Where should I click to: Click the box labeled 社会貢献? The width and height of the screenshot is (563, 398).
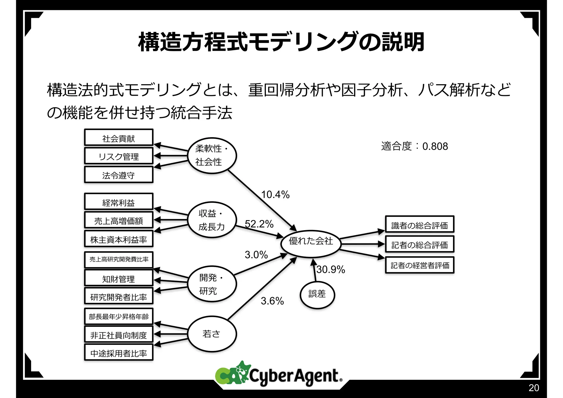[x=118, y=138]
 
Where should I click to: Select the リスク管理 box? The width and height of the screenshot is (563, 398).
[x=118, y=156]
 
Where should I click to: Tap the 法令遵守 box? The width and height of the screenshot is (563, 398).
[x=118, y=175]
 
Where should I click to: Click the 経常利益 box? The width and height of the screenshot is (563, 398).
[x=118, y=202]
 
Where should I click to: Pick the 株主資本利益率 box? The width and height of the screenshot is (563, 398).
[x=118, y=239]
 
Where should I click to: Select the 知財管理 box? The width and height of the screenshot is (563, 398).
[x=118, y=278]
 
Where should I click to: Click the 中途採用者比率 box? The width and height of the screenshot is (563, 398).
[x=118, y=352]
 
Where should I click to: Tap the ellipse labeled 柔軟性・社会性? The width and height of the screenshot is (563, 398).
[x=212, y=155]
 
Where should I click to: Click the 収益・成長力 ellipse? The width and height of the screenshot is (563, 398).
[x=212, y=220]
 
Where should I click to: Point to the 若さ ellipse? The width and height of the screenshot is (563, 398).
[x=212, y=334]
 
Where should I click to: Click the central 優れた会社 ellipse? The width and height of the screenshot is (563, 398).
[x=311, y=244]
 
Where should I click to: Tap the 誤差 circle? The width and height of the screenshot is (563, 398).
[x=317, y=295]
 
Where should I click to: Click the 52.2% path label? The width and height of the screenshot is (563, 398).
[x=259, y=224]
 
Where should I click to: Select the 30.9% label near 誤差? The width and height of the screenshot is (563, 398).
[x=331, y=269]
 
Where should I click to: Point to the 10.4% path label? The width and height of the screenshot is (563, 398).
[x=275, y=194]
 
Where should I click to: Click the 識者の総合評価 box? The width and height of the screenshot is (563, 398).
[x=420, y=224]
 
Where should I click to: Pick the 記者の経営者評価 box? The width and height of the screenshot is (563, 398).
[x=420, y=265]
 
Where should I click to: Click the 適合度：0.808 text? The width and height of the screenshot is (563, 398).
[x=414, y=146]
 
